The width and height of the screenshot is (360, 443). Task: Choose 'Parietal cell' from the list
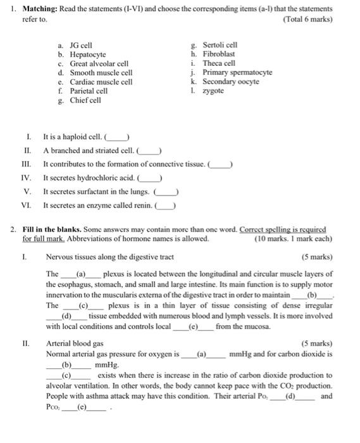click(x=89, y=90)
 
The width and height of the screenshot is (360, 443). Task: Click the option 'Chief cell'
click(x=85, y=100)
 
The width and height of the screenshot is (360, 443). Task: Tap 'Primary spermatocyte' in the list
click(x=237, y=72)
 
